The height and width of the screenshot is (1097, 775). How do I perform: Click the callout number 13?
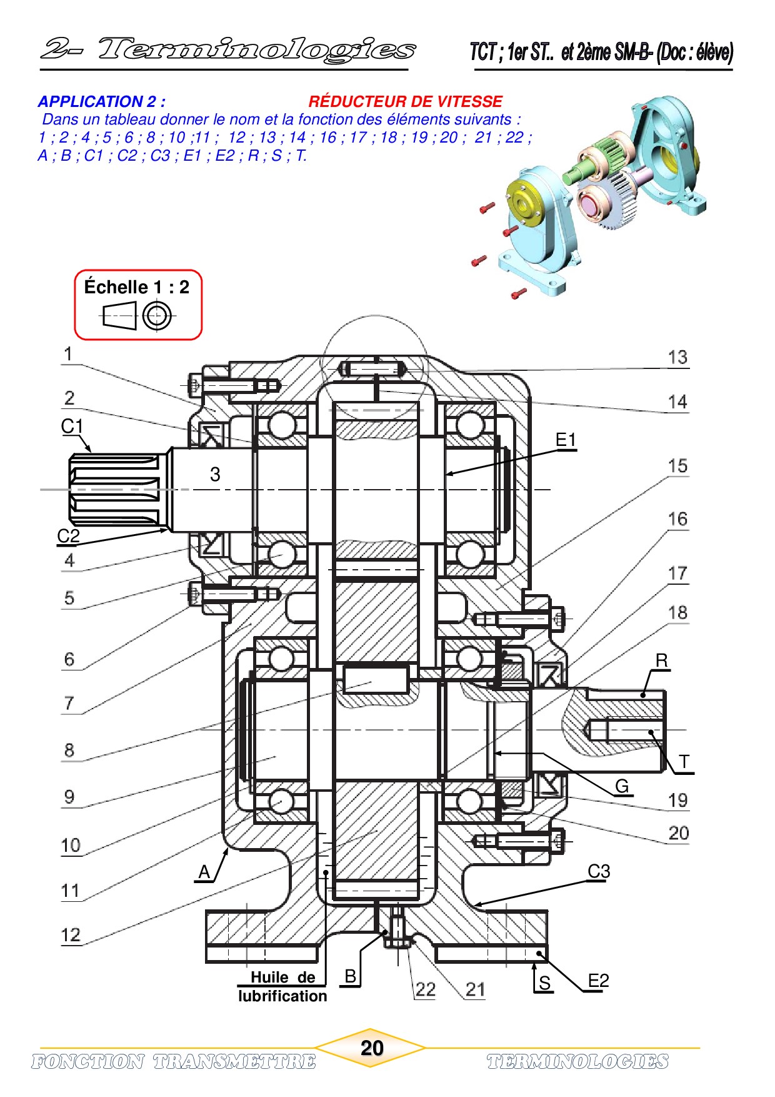coord(677,358)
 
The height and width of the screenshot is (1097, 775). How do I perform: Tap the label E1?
coord(566,440)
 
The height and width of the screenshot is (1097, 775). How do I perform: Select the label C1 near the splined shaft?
coord(72,427)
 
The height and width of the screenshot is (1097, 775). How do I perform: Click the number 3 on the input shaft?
coord(215,474)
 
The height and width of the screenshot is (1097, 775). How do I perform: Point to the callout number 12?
coord(71,935)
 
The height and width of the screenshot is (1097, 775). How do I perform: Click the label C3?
coord(599,871)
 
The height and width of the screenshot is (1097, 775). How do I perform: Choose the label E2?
coord(598,981)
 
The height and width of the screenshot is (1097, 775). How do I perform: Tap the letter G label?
coord(622,786)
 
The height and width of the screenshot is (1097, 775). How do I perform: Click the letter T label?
coord(684,762)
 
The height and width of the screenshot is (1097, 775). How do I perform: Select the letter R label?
coord(661,661)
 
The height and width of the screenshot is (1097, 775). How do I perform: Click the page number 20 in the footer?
coord(372,1048)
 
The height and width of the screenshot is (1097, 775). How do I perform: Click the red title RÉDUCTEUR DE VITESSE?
coord(405,101)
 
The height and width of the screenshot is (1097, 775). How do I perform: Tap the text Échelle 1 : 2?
coord(137,287)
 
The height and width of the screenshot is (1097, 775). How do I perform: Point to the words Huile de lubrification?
coord(282,986)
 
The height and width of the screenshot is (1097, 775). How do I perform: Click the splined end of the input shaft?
coord(116,489)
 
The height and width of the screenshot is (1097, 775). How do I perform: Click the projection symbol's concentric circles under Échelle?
coord(156,316)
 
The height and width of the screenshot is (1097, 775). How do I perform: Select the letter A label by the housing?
coord(204,872)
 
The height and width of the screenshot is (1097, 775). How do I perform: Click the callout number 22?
coord(425,989)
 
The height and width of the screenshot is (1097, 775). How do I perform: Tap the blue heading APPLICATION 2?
coord(102,101)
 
